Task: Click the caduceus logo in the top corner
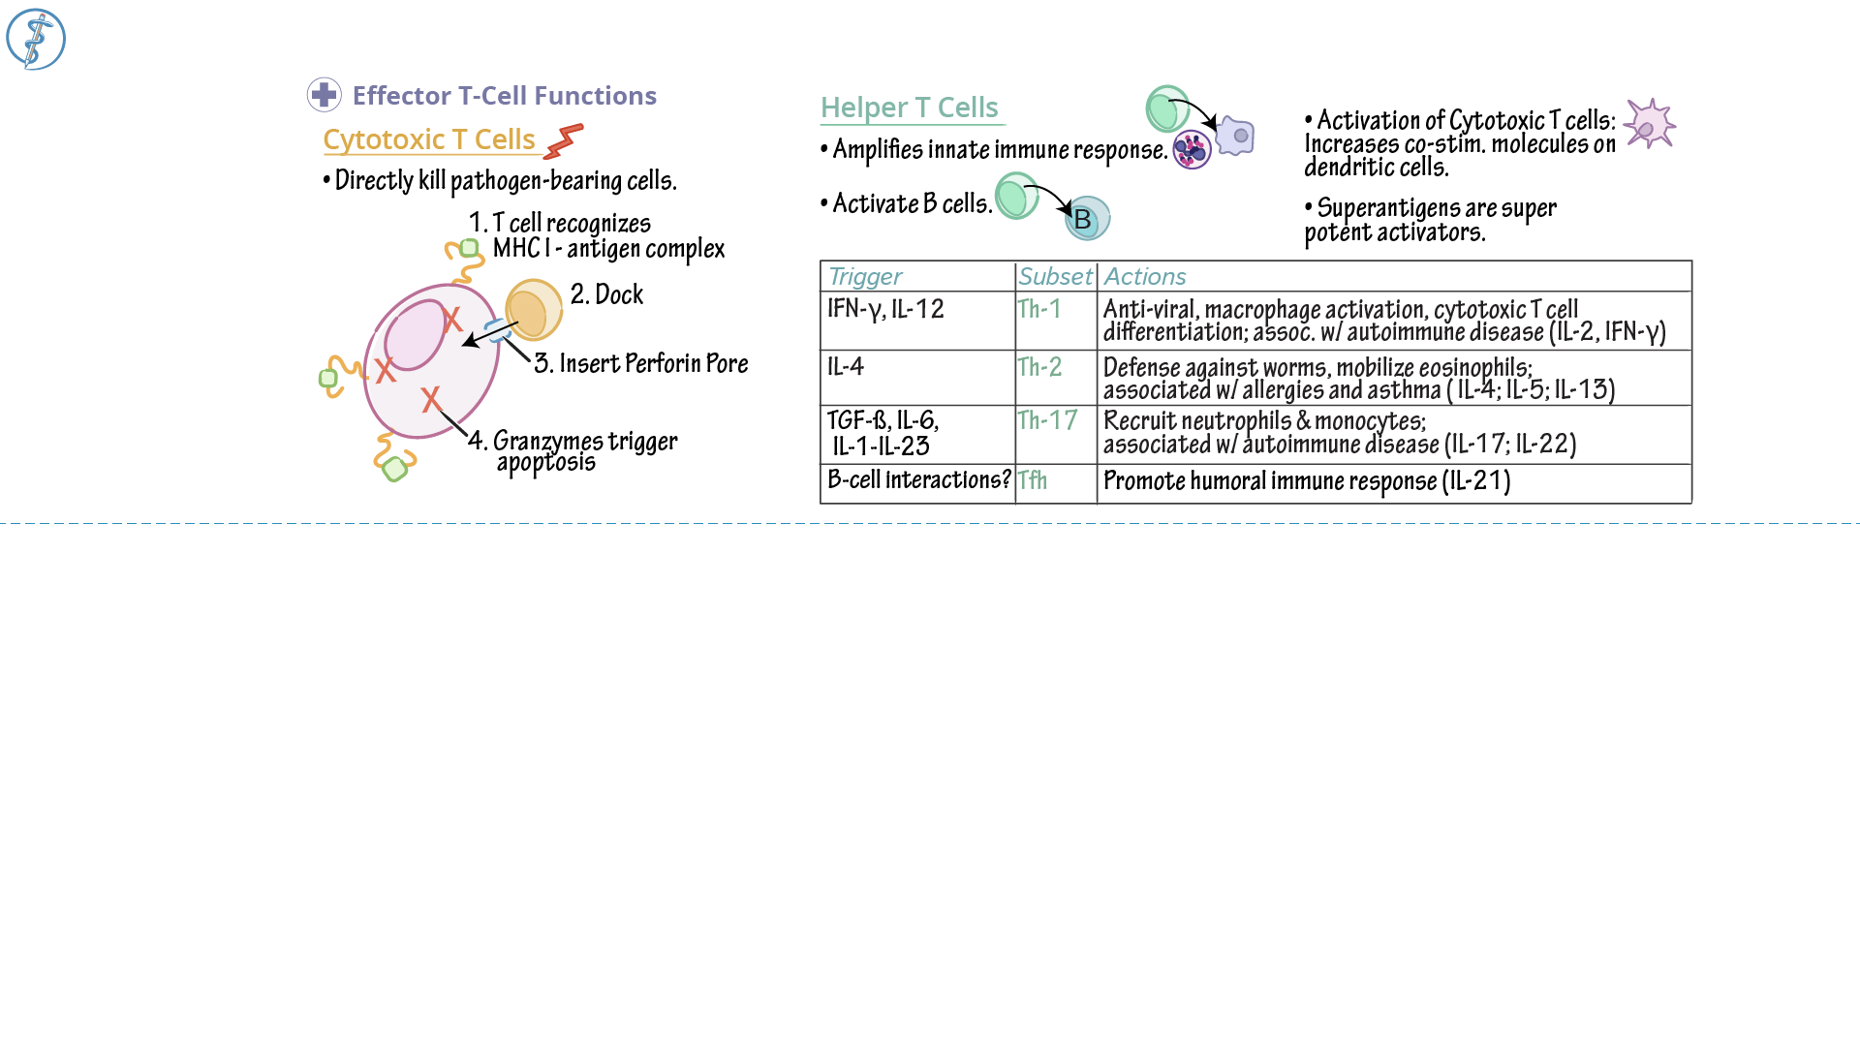(x=36, y=40)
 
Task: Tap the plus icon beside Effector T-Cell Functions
(x=324, y=95)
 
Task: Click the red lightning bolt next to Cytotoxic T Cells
(x=564, y=141)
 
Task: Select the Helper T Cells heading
(x=909, y=108)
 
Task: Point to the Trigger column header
(x=865, y=277)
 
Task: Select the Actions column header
(x=1144, y=277)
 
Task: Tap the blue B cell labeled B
(x=1087, y=219)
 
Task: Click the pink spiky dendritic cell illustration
(x=1649, y=124)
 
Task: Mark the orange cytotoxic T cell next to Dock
(x=533, y=310)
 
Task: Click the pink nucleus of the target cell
(x=415, y=335)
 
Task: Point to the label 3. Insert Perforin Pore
(x=641, y=363)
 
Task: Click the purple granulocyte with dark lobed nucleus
(x=1192, y=150)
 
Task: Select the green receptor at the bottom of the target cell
(x=394, y=470)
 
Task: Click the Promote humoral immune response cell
(x=1307, y=481)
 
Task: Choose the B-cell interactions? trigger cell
(x=918, y=480)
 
